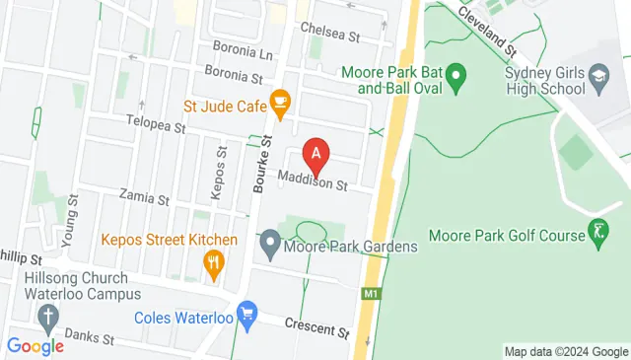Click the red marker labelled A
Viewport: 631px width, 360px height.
click(315, 155)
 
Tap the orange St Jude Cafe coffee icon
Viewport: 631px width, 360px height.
click(280, 101)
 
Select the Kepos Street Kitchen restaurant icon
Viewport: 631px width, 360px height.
click(212, 262)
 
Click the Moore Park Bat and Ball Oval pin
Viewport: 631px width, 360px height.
click(456, 75)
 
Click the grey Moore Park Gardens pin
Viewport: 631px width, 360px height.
click(268, 242)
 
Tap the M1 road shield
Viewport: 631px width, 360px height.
click(371, 294)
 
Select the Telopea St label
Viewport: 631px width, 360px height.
click(156, 127)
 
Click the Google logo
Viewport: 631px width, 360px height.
click(35, 346)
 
